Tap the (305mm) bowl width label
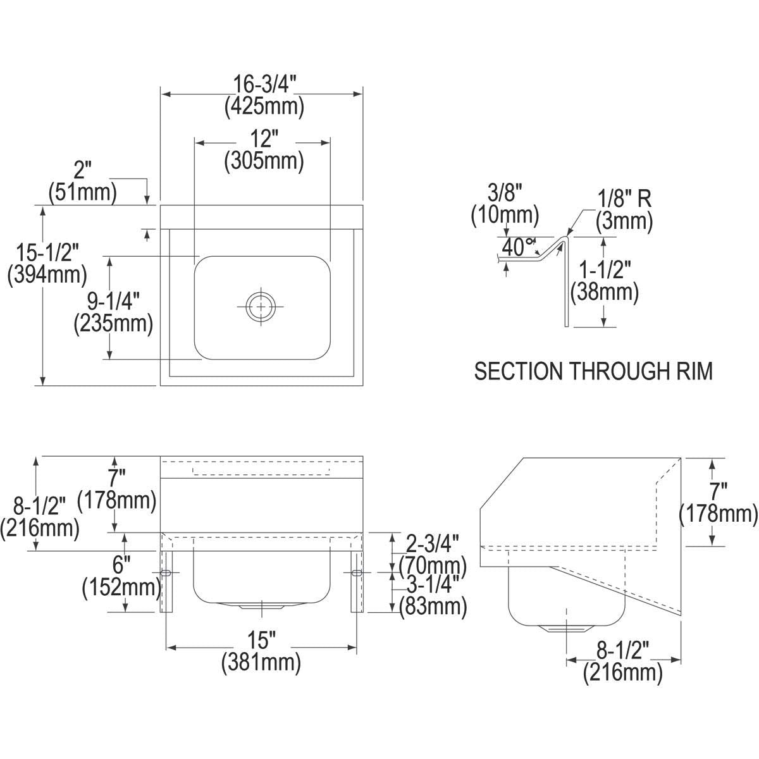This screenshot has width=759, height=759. click(264, 161)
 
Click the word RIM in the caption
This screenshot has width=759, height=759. click(694, 371)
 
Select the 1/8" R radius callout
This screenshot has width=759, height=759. click(625, 199)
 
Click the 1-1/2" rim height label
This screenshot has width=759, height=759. click(604, 270)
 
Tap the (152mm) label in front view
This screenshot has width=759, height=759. click(121, 588)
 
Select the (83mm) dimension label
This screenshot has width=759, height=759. click(433, 607)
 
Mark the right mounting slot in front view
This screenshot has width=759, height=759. click(356, 572)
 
